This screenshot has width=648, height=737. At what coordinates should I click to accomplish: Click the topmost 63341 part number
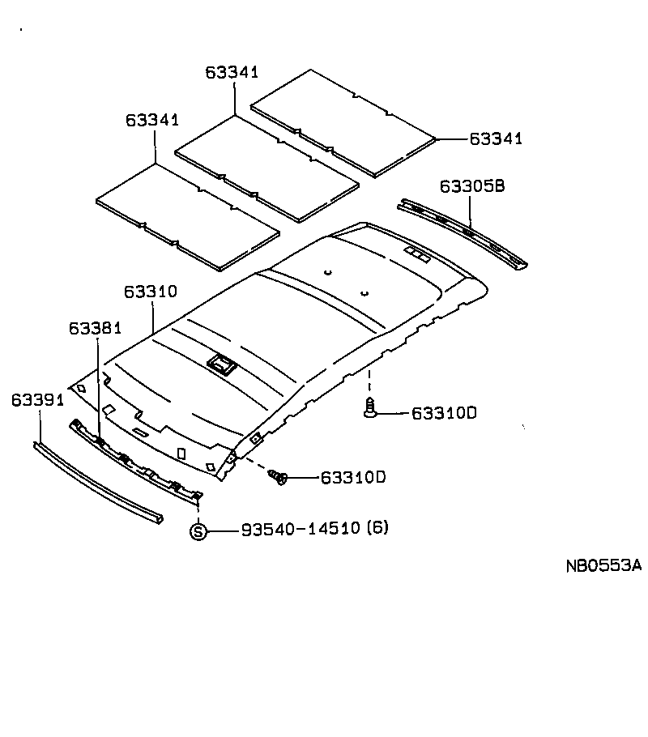pos(232,72)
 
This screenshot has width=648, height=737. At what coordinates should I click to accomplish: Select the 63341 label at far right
pos(496,138)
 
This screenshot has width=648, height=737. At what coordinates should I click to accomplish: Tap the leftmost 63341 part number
pos(151,120)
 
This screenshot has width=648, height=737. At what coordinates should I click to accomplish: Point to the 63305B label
pos(472,185)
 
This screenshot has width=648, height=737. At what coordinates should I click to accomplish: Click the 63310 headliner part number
pos(150,291)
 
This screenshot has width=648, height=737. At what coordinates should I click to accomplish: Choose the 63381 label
pos(95,328)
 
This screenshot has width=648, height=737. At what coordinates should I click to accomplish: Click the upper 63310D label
pos(445,413)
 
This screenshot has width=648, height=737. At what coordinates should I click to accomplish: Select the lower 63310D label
pos(353,477)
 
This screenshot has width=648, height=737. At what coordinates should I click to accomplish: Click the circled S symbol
pos(198,531)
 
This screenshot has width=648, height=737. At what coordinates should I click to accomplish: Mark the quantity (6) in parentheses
pos(377,529)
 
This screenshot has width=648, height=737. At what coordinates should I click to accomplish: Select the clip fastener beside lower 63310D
pos(280,478)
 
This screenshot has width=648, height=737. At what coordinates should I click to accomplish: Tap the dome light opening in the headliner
pos(222,364)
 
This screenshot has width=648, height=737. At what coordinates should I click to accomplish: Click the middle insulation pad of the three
pos(267,169)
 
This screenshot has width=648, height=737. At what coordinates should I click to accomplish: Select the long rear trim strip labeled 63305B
pos(462,232)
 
